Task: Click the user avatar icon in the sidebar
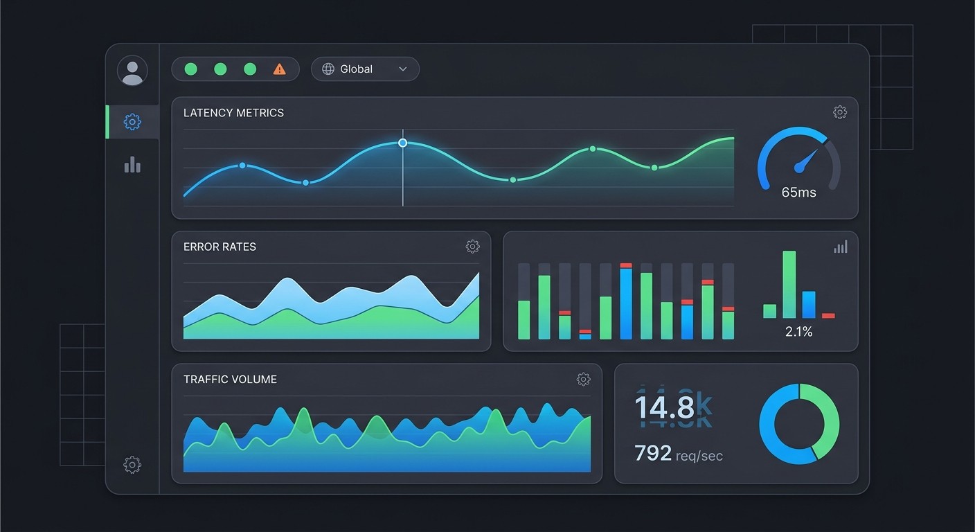pos(132,71)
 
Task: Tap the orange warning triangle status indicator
pos(279,69)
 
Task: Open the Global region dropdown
pos(365,69)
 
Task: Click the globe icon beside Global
pos(328,69)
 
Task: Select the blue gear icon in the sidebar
pos(132,122)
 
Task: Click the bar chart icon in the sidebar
pos(132,165)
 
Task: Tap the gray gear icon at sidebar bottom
pos(132,464)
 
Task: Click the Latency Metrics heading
pos(233,113)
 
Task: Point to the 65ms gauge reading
pos(798,193)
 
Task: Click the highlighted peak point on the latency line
pos(402,143)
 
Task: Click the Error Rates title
pos(220,247)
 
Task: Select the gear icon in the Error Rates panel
pos(472,247)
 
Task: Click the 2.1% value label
pos(798,332)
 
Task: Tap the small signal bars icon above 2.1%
pos(840,247)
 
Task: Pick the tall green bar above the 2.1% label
pos(789,284)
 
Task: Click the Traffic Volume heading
pos(230,380)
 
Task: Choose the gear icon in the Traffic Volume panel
pos(583,379)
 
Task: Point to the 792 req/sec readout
pos(678,454)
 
